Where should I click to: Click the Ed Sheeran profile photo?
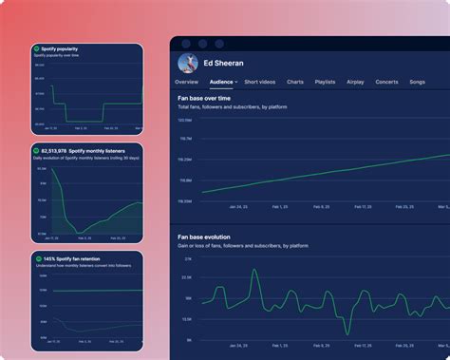(189, 65)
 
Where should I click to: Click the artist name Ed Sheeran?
(224, 64)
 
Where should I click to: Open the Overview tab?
(186, 83)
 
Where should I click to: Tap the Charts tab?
(295, 83)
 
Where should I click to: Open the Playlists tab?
(325, 83)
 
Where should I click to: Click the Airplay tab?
(355, 83)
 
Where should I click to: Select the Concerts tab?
(386, 83)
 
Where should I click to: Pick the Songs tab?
(417, 83)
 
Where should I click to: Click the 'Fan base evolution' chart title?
(216, 237)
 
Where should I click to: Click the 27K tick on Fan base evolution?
(188, 258)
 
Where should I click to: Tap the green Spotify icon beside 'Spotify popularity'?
(37, 48)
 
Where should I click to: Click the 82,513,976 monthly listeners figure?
(54, 150)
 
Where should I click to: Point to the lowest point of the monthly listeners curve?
(79, 231)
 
